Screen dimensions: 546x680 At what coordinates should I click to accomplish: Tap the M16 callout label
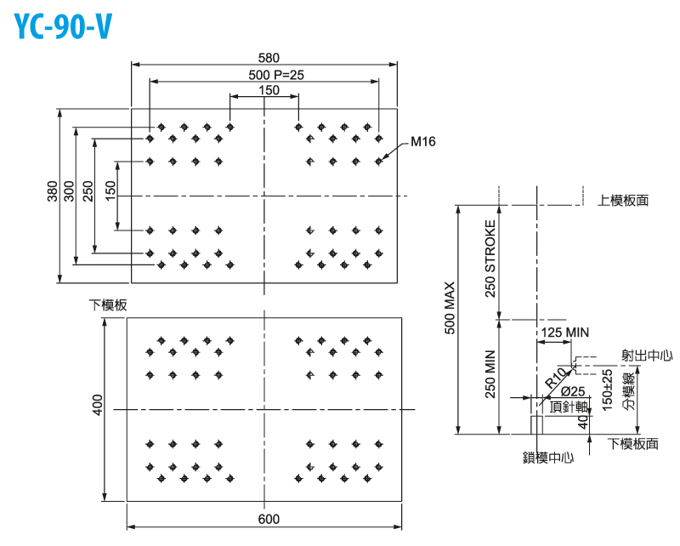[x=422, y=142]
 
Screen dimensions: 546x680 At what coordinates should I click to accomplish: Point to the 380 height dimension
[x=53, y=196]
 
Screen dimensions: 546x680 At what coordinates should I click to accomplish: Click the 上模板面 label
[x=623, y=201]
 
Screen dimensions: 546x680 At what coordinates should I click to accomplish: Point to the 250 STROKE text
[x=490, y=259]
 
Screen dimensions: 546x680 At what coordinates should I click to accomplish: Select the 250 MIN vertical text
[x=490, y=375]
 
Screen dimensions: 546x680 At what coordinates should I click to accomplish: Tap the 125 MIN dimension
[x=564, y=332]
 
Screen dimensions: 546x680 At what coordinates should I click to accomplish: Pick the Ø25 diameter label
[x=572, y=391]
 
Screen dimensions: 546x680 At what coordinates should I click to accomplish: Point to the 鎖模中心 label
[x=548, y=457]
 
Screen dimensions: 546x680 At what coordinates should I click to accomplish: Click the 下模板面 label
[x=633, y=444]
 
